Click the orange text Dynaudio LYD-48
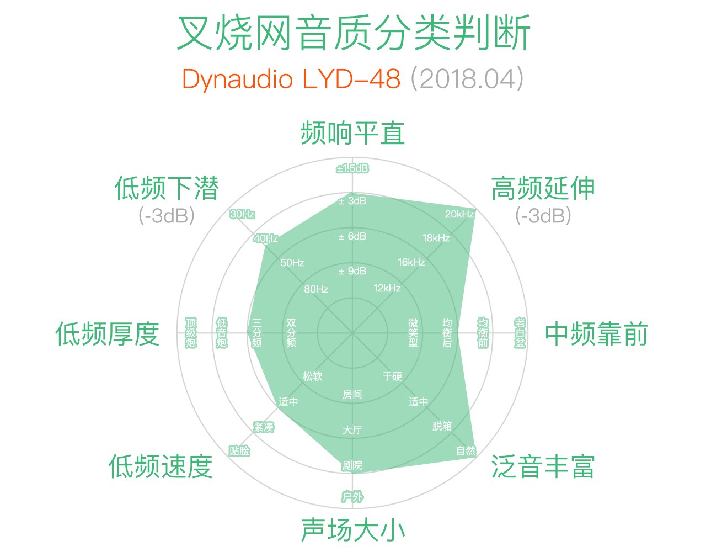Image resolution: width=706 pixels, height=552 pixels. point(291,79)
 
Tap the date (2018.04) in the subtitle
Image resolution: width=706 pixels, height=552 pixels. point(467,79)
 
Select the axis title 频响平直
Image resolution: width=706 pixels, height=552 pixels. point(353,133)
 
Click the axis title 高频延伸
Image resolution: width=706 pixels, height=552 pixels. point(543,188)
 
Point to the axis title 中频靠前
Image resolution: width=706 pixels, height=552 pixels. point(596,334)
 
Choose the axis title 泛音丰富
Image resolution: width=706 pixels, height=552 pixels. point(543,466)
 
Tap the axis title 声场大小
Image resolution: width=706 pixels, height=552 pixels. point(353,529)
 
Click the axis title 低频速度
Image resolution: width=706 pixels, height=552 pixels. point(161,466)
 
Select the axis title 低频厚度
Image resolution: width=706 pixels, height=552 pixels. point(108,334)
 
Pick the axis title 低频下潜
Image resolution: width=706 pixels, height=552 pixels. point(167,188)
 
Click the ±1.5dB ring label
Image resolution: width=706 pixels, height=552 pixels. point(352,168)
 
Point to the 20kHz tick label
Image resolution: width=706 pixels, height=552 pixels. point(459,214)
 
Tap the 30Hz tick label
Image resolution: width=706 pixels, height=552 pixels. point(242,214)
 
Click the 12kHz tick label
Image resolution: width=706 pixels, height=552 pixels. point(387,288)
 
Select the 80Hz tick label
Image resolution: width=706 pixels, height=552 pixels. point(316,289)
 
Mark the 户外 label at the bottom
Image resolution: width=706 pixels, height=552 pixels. point(352,497)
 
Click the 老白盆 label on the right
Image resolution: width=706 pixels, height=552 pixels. point(520,333)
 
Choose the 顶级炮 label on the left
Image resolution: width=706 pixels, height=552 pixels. point(191,333)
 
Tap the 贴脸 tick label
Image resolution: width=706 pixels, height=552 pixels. point(239,451)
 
